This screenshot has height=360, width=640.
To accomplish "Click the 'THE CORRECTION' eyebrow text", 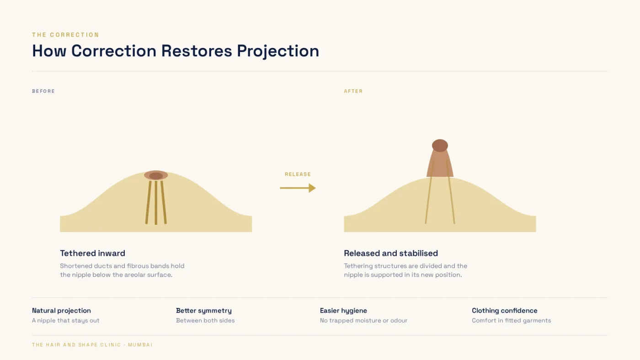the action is [x=65, y=35].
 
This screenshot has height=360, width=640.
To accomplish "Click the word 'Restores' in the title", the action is [x=197, y=51].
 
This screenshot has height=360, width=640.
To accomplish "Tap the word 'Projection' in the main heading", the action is [x=278, y=51].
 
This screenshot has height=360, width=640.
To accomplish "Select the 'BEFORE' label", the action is [x=43, y=91].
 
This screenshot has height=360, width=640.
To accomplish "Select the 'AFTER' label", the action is [x=353, y=91].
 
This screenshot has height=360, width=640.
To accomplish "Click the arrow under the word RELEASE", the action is [x=298, y=188].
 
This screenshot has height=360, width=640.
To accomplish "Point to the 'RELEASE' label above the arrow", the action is [x=298, y=174].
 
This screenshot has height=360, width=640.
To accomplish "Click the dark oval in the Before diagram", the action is [x=156, y=176].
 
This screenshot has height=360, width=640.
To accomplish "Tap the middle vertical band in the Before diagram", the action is [x=156, y=203].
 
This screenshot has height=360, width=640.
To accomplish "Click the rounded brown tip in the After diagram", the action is [x=440, y=145].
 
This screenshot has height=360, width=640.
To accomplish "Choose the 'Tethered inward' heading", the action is [x=92, y=253].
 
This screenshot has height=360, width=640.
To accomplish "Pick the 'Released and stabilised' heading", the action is [x=391, y=253].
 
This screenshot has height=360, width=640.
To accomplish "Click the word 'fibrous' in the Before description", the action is [x=138, y=266].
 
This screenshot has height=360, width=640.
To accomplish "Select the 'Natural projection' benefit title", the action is [x=61, y=311].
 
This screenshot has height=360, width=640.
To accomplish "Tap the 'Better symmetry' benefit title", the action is [x=204, y=311].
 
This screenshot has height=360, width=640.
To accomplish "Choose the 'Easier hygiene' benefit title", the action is [x=343, y=311].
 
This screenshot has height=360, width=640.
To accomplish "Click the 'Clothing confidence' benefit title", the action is [x=505, y=311].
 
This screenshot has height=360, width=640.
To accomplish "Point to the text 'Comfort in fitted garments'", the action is [x=512, y=320].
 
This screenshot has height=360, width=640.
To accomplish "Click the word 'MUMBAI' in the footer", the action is [x=140, y=344].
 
